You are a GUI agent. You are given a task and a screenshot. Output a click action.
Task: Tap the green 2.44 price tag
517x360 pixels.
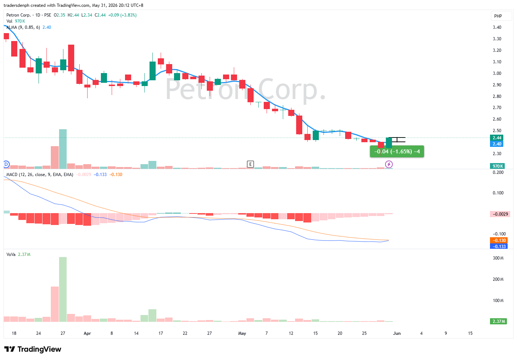point(496,138)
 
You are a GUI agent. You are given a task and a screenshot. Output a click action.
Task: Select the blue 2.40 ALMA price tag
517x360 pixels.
point(496,144)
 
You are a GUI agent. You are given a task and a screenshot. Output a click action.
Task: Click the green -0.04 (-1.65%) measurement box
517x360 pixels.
point(397,152)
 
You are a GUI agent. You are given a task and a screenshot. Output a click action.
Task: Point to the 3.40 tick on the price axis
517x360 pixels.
point(497,27)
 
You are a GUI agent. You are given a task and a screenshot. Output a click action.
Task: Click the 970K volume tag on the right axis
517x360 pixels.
point(497,166)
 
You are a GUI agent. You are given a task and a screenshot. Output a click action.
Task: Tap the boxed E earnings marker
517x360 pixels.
point(250,164)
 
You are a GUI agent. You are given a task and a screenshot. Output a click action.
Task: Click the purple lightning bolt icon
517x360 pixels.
point(389,165)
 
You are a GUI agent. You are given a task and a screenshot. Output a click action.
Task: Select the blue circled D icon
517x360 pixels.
point(6,164)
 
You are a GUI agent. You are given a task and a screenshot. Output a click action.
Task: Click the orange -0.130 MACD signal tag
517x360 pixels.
point(499,240)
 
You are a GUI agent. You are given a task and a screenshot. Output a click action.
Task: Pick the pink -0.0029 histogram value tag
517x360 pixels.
point(500,214)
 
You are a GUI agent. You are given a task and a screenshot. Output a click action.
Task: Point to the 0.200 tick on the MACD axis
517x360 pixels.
point(498,172)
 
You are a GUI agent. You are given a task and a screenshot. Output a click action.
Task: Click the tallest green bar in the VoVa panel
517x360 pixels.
point(63,289)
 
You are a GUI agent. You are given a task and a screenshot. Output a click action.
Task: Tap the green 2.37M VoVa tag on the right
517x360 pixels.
point(498,321)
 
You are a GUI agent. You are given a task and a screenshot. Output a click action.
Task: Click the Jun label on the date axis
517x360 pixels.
point(397,333)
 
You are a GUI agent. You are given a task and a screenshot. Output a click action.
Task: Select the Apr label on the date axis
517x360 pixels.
point(87,333)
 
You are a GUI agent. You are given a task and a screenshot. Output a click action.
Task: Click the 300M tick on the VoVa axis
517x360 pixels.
point(498,258)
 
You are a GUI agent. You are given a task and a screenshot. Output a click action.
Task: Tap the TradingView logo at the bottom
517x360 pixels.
point(32,349)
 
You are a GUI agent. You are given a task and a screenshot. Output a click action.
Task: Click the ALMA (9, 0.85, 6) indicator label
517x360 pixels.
point(23,27)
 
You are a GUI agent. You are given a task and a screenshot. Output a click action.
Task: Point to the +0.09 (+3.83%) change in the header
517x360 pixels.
point(122,15)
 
